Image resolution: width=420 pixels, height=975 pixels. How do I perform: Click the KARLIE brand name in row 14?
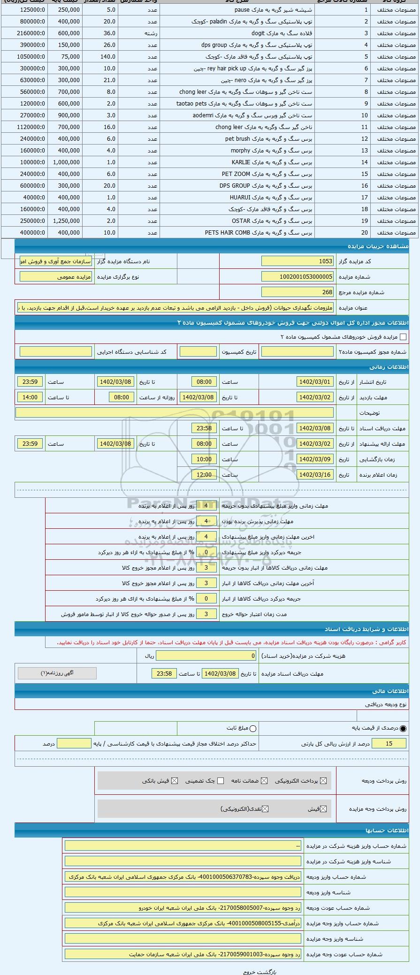click(x=241, y=162)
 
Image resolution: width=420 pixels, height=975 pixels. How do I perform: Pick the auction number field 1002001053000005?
click(x=298, y=277)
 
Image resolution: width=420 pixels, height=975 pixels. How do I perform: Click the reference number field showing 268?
click(x=298, y=292)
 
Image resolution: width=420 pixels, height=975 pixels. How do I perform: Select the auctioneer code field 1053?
click(x=298, y=261)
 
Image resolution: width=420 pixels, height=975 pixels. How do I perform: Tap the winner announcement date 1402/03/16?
click(x=315, y=475)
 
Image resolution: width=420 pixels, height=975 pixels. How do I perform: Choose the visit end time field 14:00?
click(x=30, y=397)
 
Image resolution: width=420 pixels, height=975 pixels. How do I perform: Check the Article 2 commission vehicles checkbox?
click(x=403, y=337)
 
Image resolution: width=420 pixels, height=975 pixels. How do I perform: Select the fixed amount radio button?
click(x=253, y=729)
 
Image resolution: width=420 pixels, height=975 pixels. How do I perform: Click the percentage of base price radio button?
click(x=403, y=729)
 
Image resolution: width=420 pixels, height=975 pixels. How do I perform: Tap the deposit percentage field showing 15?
click(x=389, y=744)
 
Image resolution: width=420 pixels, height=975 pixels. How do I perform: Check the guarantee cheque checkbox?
click(x=221, y=781)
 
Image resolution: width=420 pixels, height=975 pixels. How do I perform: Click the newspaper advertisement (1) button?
click(x=57, y=673)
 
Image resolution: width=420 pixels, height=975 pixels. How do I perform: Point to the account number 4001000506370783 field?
click(x=183, y=877)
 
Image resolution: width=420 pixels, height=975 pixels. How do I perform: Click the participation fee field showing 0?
click(x=206, y=656)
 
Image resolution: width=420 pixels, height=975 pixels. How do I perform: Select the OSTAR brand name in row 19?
click(x=241, y=221)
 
